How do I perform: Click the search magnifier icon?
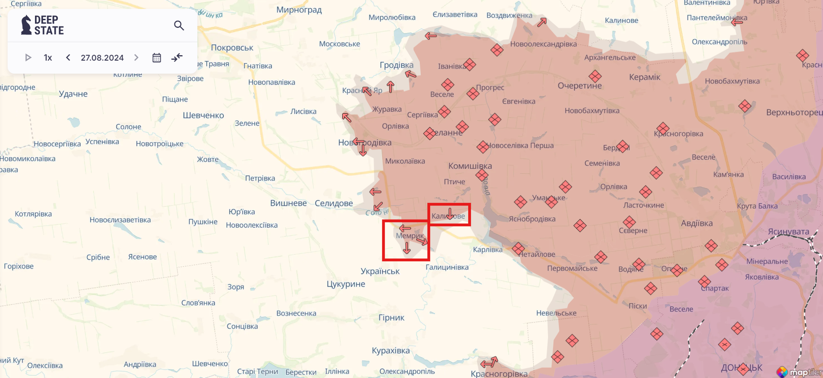(x=179, y=26)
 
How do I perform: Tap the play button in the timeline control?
(x=28, y=57)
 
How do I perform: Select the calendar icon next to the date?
(x=157, y=57)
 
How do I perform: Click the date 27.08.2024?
(x=102, y=57)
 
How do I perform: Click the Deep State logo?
(x=43, y=25)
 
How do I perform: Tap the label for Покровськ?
(x=232, y=48)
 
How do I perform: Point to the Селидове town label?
(x=334, y=203)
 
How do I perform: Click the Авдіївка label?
(x=697, y=224)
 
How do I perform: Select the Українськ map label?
(x=380, y=271)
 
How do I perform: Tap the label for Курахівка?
(x=391, y=351)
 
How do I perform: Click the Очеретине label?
(x=579, y=86)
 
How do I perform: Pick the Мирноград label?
(x=299, y=10)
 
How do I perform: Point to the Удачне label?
(x=73, y=94)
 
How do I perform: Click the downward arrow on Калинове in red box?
(x=450, y=213)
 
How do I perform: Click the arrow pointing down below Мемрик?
(x=407, y=248)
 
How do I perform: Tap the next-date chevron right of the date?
(x=136, y=57)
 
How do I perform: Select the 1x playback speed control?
(x=48, y=57)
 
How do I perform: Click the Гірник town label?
(x=391, y=318)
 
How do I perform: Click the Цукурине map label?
(x=346, y=284)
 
